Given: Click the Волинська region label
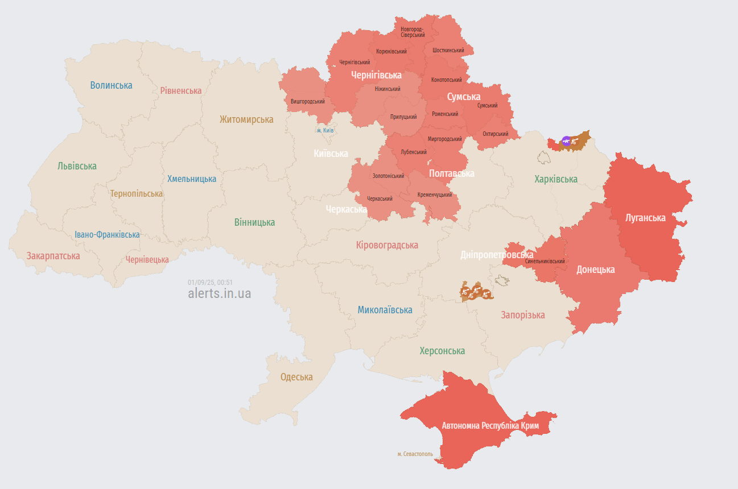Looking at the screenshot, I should tap(111, 85).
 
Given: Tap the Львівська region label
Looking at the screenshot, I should tap(77, 166).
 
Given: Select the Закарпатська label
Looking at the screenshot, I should tap(53, 256).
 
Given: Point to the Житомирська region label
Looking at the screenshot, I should tap(246, 119).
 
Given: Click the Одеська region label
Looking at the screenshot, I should tap(296, 377).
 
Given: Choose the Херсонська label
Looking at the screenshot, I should tap(442, 351).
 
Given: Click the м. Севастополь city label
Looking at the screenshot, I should tap(415, 454).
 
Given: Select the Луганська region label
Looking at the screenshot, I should tap(645, 217).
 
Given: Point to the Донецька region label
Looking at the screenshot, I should tap(595, 270).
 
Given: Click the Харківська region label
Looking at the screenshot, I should tap(555, 179).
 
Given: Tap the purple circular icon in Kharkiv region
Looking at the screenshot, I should tap(566, 141).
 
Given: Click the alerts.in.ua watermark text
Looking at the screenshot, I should tap(219, 293).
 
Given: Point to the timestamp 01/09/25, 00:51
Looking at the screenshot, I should tap(210, 282).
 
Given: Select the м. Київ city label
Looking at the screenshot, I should tap(325, 130).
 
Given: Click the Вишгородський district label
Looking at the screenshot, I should tap(307, 102).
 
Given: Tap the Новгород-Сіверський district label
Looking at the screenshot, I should tap(413, 32).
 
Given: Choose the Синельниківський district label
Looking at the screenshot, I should tap(545, 262).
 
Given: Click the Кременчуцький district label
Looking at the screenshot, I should tap(435, 194).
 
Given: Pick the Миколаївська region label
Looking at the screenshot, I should tap(385, 310).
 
